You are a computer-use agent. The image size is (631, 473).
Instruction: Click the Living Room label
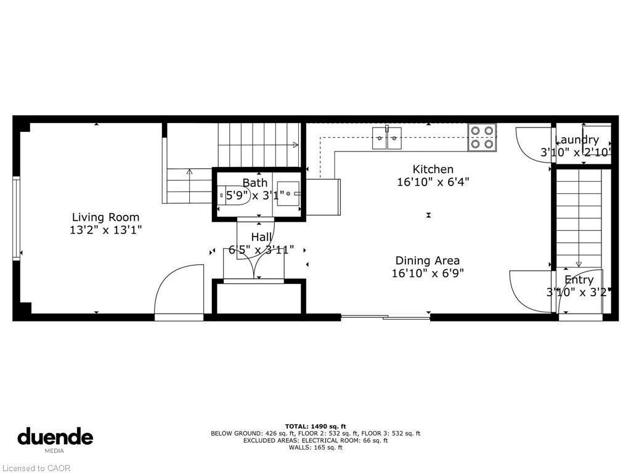tap(105, 217)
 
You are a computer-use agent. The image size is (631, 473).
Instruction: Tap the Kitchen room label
tap(433, 169)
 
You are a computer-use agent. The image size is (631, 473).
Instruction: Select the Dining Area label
tap(427, 261)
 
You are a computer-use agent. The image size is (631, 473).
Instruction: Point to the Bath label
tap(254, 183)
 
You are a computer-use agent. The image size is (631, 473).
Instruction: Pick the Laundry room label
tap(577, 140)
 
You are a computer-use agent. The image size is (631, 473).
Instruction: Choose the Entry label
tap(579, 280)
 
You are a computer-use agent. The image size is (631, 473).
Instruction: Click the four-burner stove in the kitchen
tap(482, 137)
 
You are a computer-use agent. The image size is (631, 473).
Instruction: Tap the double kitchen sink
tap(386, 138)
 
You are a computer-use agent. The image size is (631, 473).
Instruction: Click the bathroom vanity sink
tap(288, 193)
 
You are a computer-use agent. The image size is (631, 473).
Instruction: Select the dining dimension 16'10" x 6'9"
tap(427, 273)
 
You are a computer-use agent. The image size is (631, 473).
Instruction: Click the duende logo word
tap(55, 437)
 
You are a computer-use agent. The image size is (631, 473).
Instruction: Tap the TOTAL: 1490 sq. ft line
tap(315, 426)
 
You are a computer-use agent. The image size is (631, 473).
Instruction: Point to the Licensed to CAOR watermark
tap(36, 468)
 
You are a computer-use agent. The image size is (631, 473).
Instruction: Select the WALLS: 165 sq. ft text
tap(315, 448)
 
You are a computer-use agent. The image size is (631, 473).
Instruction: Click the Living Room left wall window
tap(16, 218)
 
